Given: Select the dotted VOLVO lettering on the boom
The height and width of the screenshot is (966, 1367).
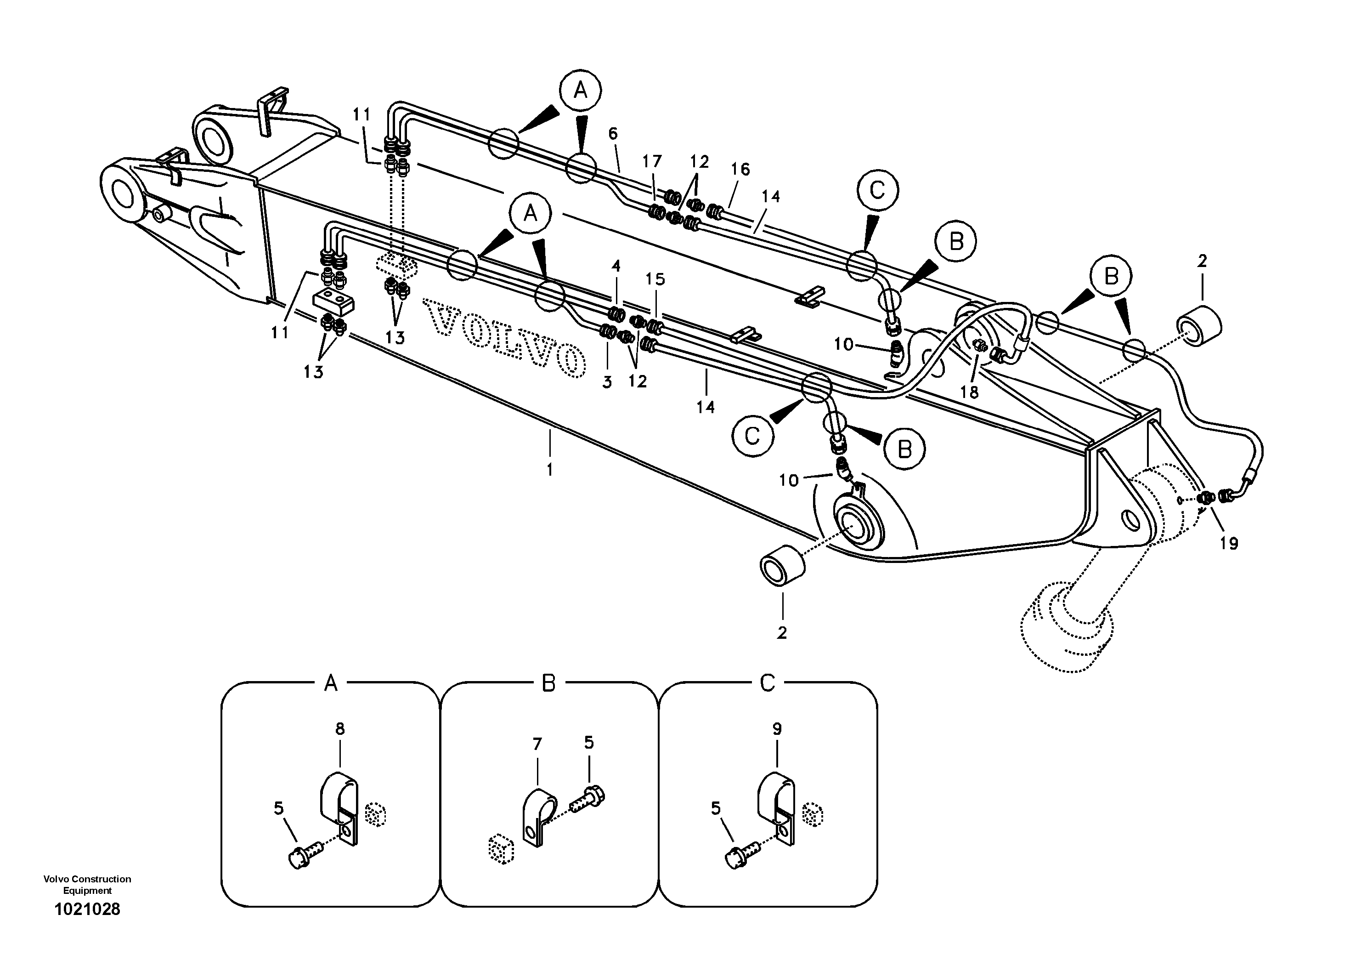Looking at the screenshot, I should click(x=504, y=337).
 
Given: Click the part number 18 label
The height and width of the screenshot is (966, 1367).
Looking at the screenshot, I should click(x=970, y=392).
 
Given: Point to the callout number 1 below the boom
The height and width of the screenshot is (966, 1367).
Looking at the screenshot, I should click(x=549, y=470).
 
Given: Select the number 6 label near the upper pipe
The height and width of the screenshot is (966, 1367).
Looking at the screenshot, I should click(x=613, y=135).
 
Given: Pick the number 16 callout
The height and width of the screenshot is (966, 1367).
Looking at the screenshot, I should click(x=740, y=169).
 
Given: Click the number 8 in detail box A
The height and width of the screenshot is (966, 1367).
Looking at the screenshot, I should click(x=340, y=729).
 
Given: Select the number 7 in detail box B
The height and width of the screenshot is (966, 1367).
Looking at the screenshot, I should click(x=537, y=744).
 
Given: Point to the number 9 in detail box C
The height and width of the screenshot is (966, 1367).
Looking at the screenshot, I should click(x=777, y=729).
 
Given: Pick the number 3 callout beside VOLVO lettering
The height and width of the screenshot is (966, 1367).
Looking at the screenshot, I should click(x=607, y=382).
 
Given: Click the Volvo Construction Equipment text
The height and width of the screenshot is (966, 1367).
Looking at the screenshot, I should click(x=87, y=884).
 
